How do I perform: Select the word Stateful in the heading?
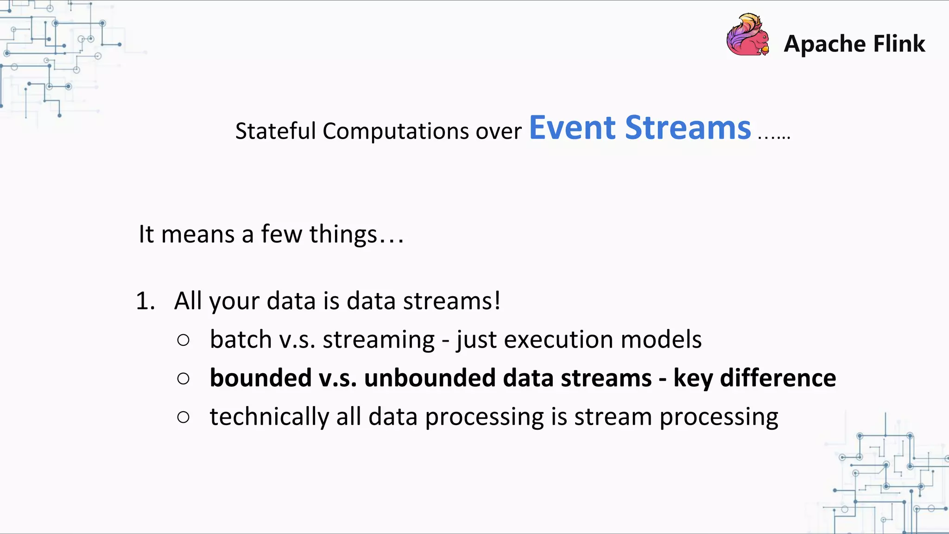click(275, 131)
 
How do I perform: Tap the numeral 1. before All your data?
click(145, 301)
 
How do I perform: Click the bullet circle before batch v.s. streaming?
click(183, 340)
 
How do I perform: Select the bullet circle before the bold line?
click(183, 379)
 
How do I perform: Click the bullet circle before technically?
click(183, 417)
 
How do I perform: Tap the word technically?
click(269, 417)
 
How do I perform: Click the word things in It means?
click(343, 235)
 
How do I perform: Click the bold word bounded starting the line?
click(260, 378)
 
